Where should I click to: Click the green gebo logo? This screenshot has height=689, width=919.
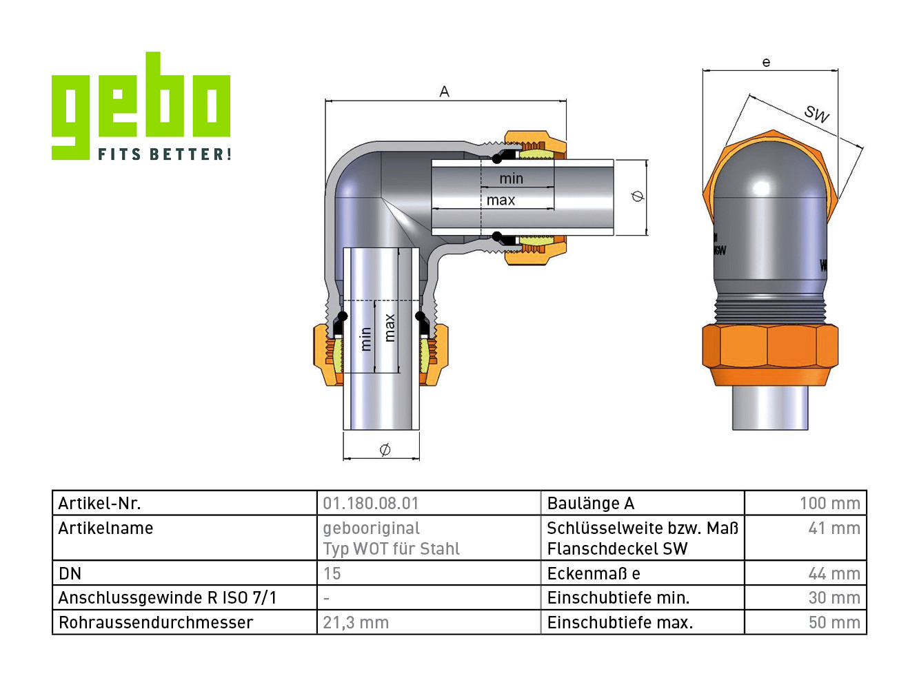[141, 105]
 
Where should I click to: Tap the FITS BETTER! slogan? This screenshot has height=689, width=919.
[165, 154]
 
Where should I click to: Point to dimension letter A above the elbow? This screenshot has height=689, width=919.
[444, 92]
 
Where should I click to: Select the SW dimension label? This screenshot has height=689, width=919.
[816, 114]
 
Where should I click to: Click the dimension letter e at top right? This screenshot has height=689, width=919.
[766, 62]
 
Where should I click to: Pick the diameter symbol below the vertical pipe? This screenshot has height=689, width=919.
[385, 450]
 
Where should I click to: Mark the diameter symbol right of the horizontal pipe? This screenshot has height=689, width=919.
[638, 196]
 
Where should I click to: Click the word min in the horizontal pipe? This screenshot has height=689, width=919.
[512, 178]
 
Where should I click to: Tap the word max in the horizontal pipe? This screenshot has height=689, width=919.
[501, 200]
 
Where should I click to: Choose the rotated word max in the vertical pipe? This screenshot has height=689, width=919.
[390, 328]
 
